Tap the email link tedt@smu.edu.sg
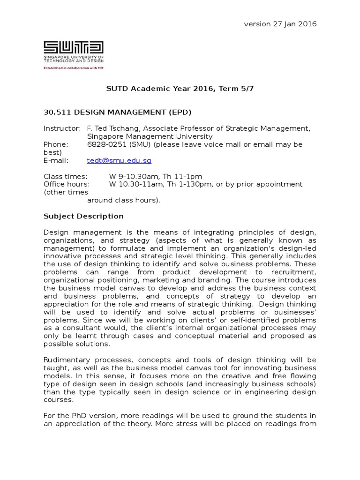(119, 160)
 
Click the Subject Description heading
(83, 216)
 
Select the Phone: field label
(56, 144)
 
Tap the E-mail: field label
(56, 160)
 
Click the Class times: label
(65, 176)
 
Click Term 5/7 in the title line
(239, 88)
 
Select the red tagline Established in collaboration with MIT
(74, 67)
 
